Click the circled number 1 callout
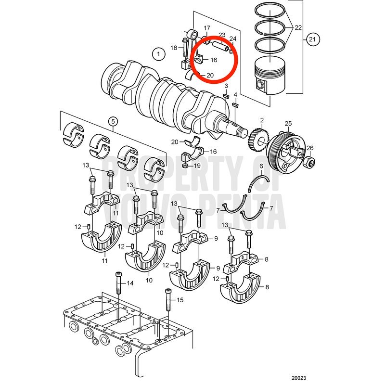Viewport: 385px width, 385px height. (158, 54)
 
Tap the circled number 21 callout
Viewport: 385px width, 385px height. (312, 39)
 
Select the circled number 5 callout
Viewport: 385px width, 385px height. (113, 121)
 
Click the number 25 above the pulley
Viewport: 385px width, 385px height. (288, 123)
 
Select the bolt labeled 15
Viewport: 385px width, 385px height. (168, 299)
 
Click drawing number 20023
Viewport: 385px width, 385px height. (299, 378)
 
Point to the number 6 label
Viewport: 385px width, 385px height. (261, 166)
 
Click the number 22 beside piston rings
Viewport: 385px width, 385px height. (298, 27)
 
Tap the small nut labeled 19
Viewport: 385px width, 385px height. (185, 166)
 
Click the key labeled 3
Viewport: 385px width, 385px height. (226, 95)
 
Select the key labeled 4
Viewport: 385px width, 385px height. (236, 105)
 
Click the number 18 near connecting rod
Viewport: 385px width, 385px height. (174, 48)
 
